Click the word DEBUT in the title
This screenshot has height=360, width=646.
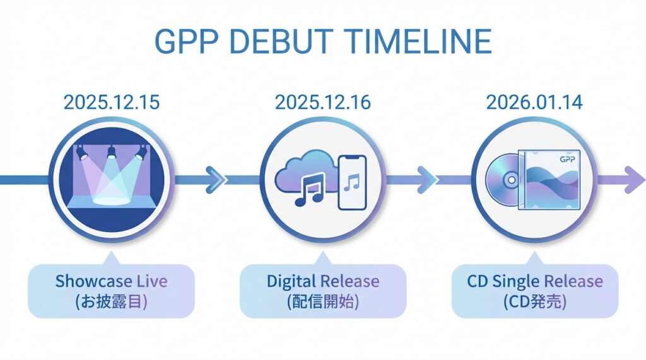pyautogui.click(x=281, y=41)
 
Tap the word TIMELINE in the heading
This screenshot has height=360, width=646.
pyautogui.click(x=417, y=41)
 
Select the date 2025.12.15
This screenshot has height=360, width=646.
pyautogui.click(x=112, y=102)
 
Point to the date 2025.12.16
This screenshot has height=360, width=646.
pyautogui.click(x=323, y=102)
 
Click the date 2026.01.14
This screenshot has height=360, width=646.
pyautogui.click(x=534, y=102)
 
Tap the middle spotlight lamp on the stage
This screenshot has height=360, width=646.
pyautogui.click(x=111, y=153)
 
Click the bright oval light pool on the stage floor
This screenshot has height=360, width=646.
pyautogui.click(x=111, y=200)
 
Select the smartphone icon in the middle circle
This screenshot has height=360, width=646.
pyautogui.click(x=352, y=182)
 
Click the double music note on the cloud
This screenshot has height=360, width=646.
pyautogui.click(x=310, y=189)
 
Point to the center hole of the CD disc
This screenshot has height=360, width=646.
pyautogui.click(x=511, y=180)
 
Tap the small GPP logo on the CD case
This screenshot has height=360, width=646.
pyautogui.click(x=567, y=159)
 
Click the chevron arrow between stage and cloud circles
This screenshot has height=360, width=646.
pyautogui.click(x=216, y=180)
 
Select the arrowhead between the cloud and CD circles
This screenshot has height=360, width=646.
pyautogui.click(x=427, y=180)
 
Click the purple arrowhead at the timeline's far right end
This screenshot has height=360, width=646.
pyautogui.click(x=635, y=180)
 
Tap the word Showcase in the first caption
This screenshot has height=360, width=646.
pyautogui.click(x=94, y=281)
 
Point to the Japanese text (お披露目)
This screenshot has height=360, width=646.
pyautogui.click(x=111, y=302)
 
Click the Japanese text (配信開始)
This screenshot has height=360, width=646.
pyautogui.click(x=323, y=302)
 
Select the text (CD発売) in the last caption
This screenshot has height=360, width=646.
pyautogui.click(x=535, y=302)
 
